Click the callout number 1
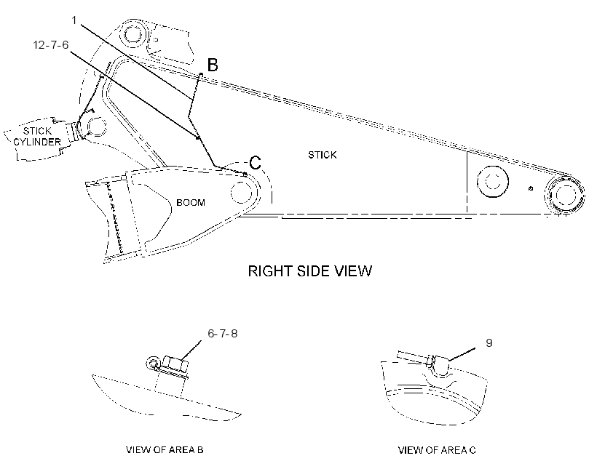(x=74, y=20)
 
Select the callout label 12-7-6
(x=51, y=45)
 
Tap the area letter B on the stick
(x=213, y=65)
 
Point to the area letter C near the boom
(x=255, y=162)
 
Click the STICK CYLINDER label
(x=37, y=136)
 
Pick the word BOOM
(x=190, y=202)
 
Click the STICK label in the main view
(x=322, y=155)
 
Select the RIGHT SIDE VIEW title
(x=310, y=270)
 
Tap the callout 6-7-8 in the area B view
(x=222, y=334)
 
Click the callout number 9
(x=489, y=342)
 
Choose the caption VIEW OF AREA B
(x=165, y=450)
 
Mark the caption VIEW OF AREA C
(x=437, y=450)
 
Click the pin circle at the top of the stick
(x=133, y=35)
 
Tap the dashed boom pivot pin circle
(x=242, y=192)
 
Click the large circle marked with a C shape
(x=492, y=182)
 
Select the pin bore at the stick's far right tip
(x=565, y=195)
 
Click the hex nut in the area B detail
(x=175, y=364)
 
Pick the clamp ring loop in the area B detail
(x=153, y=363)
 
